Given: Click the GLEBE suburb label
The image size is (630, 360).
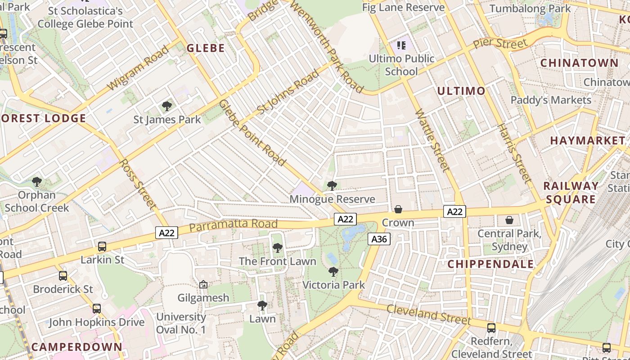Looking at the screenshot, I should pos(206,48).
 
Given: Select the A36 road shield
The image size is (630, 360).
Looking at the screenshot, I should pos(379,239).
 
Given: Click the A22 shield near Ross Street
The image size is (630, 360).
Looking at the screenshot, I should pos(167,233).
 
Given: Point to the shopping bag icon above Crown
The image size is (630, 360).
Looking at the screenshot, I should pos(398,209).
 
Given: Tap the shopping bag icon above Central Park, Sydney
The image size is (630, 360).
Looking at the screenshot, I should pos(509,220).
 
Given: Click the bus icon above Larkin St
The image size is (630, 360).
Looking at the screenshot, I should pos(102,247).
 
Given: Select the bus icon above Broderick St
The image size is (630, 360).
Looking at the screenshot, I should pos(63,276).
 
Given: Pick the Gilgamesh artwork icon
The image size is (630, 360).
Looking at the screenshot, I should pos(203,285).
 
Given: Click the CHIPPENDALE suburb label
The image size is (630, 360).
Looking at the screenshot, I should pos(490,264).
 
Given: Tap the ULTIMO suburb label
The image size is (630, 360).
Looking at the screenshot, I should pos(461,91).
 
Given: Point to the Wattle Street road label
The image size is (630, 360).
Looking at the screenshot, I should pos(432,140).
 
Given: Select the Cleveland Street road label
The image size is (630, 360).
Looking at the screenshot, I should pos(428,314).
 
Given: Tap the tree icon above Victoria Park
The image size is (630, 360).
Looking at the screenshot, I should pos(333,272).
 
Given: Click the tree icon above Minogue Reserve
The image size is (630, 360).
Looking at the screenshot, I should pos(332,186).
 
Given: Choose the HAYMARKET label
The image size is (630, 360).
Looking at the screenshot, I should pos(587,140).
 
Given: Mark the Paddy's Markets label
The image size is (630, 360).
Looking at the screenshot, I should pos(551,100).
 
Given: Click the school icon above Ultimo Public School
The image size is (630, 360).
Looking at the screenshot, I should pos(401,45).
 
